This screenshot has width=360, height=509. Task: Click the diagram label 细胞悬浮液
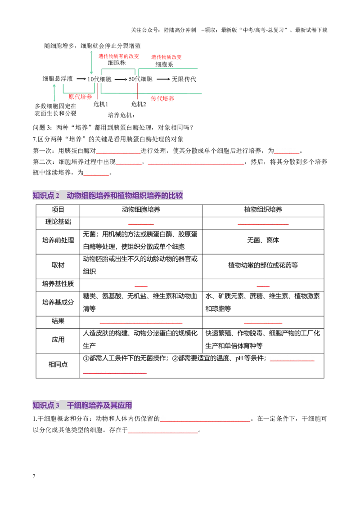(x=58, y=79)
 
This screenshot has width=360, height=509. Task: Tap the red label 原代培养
(x=80, y=97)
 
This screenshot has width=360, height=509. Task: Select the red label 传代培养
(x=162, y=98)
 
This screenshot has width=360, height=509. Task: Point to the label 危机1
(x=101, y=104)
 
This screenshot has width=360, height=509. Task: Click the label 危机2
(x=139, y=104)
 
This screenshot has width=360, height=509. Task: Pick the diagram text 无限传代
(x=184, y=79)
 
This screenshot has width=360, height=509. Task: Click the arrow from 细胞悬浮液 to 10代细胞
(x=81, y=79)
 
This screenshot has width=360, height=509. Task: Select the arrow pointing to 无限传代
(x=163, y=79)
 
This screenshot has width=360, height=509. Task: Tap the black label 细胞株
(x=117, y=63)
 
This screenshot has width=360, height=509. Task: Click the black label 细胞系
(x=164, y=64)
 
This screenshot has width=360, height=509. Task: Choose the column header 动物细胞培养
(x=141, y=210)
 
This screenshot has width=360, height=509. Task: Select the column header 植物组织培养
(x=263, y=210)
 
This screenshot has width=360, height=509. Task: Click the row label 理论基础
(x=58, y=222)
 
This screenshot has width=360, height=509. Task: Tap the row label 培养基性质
(x=58, y=284)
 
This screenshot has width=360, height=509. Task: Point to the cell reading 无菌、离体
(x=263, y=241)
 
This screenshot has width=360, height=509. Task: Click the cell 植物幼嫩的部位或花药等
(x=263, y=265)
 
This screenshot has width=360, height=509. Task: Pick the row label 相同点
(x=58, y=365)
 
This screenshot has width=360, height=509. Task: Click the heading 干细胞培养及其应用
(x=99, y=405)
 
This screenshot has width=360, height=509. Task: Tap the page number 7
(x=34, y=476)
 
